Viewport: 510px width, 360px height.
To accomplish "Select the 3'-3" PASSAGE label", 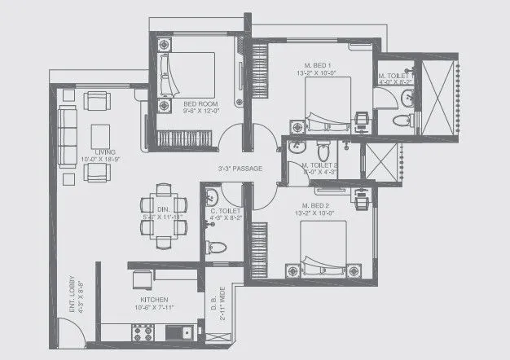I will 240,169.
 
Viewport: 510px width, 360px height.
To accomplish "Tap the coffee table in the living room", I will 102,135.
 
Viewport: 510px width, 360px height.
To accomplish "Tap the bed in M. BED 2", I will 325,245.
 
